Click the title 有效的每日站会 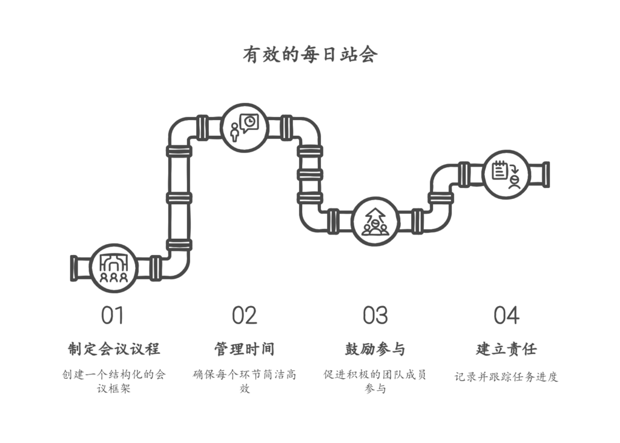310,55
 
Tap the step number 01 113,315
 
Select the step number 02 244,315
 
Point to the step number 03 375,315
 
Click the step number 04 506,315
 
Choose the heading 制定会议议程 114,349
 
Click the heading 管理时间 245,349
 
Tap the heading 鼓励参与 375,349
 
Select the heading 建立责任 506,349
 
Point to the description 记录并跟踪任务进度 506,376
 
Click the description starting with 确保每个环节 245,381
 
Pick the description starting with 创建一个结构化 114,381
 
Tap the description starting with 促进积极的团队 375,381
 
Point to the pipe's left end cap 74,268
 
